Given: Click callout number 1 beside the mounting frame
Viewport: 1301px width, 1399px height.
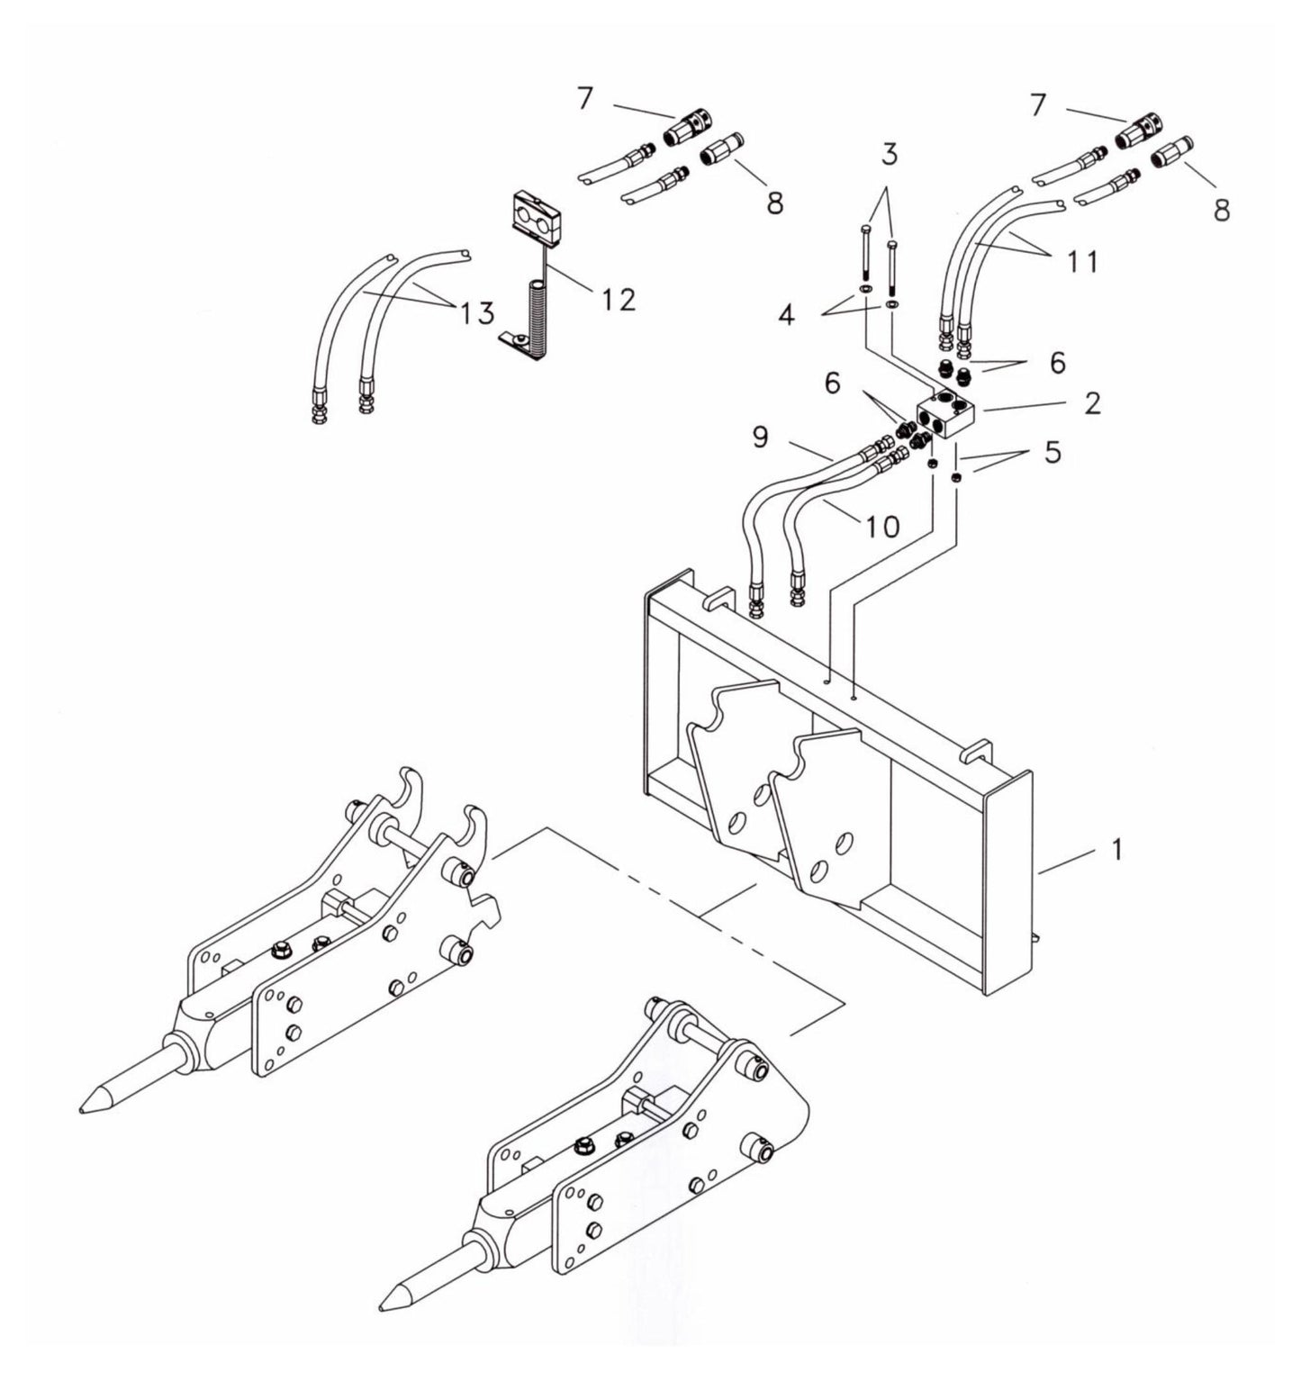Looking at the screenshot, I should pyautogui.click(x=1116, y=849).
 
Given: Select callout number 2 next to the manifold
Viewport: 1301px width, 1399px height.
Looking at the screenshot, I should pyautogui.click(x=1091, y=402).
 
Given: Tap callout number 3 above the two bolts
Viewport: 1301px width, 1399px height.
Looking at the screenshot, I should pyautogui.click(x=889, y=155).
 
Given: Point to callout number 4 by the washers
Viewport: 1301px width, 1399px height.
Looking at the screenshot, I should pyautogui.click(x=786, y=316).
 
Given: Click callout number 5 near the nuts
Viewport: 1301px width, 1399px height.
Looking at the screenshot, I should pyautogui.click(x=1051, y=451).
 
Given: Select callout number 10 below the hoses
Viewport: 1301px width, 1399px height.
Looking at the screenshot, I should pyautogui.click(x=883, y=526).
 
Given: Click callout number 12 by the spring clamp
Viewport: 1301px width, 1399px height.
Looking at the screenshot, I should pyautogui.click(x=618, y=299).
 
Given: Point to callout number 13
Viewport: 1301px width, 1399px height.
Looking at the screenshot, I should pyautogui.click(x=476, y=313).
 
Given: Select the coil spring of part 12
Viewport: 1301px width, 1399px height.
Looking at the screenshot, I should pyautogui.click(x=538, y=319).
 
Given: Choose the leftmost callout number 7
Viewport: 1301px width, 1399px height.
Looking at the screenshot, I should pyautogui.click(x=585, y=98).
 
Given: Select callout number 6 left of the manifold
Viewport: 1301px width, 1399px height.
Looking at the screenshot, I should pyautogui.click(x=831, y=384).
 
